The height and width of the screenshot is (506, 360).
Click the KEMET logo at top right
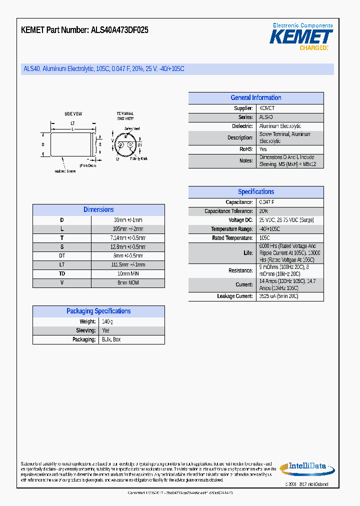tap(301, 36)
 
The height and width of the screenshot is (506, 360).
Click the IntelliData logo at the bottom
tap(304, 468)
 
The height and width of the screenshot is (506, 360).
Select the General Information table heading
tap(255, 98)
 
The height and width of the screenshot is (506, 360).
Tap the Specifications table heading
tap(255, 192)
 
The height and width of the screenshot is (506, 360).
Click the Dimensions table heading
tap(98, 210)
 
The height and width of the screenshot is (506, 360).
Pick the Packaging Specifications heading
tap(98, 311)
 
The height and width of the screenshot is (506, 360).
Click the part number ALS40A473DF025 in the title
tap(119, 30)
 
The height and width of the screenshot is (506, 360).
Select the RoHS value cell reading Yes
tap(263, 149)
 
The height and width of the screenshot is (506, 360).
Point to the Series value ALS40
tap(266, 117)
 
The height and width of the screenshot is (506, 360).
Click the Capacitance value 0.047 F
tap(266, 202)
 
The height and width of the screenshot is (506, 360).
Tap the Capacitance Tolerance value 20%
tap(263, 211)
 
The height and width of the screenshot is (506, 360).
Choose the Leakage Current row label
tap(235, 296)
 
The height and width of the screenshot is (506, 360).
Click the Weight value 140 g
tap(107, 321)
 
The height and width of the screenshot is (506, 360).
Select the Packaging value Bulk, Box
tap(111, 339)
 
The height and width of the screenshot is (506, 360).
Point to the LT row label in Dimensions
tap(62, 265)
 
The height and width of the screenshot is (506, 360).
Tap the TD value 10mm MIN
tap(128, 274)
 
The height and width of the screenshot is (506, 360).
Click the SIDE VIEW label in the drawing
tap(73, 114)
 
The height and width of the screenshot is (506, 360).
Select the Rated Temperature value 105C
tap(264, 238)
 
